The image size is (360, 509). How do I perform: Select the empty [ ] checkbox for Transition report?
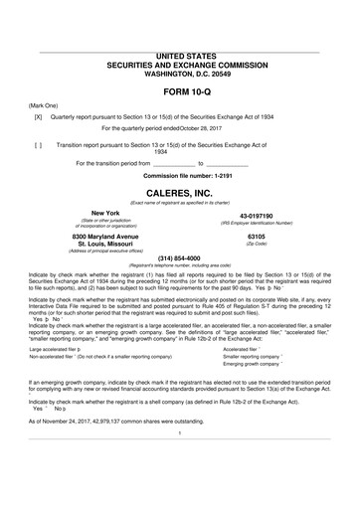tap(37, 144)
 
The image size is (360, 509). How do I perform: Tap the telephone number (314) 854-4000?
tap(180, 258)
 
